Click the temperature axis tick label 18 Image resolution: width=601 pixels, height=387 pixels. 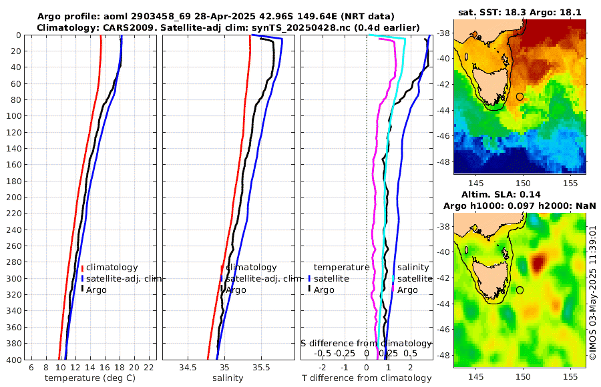[120, 368]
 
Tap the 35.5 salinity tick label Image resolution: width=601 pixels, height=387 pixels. [262, 368]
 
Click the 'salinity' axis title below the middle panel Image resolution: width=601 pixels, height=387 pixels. [228, 378]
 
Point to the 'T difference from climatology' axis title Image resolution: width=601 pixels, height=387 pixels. [367, 378]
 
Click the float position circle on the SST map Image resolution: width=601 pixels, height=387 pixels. [520, 97]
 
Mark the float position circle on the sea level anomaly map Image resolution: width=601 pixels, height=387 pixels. [520, 290]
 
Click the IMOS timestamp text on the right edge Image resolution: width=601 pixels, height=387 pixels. [593, 294]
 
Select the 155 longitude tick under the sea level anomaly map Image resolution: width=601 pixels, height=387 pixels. [570, 377]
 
